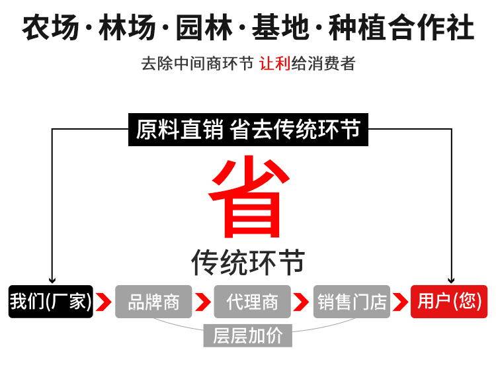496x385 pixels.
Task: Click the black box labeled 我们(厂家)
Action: (50, 302)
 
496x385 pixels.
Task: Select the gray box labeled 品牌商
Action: (153, 302)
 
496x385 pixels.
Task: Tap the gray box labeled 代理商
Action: (252, 302)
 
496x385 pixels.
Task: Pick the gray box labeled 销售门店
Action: (351, 302)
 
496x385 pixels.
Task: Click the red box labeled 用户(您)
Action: (449, 302)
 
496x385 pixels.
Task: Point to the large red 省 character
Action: (249, 197)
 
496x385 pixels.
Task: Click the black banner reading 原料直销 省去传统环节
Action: (248, 129)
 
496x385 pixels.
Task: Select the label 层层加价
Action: (247, 335)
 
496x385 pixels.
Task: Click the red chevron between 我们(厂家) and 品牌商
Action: (103, 302)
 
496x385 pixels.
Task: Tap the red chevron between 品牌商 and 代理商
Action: (203, 302)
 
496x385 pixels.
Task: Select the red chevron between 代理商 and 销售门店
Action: (302, 302)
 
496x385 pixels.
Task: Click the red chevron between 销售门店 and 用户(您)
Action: (400, 302)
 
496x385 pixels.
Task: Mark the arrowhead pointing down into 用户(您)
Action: (452, 280)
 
